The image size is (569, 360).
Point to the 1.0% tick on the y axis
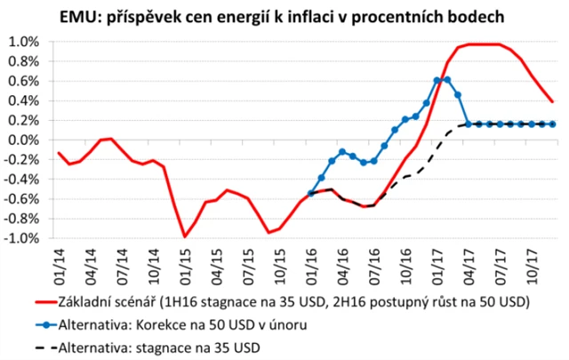tap(23, 42)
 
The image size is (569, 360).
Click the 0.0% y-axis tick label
tap(23, 140)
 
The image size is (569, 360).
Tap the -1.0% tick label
tap(21, 238)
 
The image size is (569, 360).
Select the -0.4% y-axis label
tap(21, 180)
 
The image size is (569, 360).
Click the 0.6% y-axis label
tap(23, 81)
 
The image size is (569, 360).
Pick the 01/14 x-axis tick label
tap(59, 261)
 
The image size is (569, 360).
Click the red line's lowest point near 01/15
tap(184, 236)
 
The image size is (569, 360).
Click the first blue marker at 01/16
tap(310, 193)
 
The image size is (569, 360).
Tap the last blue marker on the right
tap(553, 124)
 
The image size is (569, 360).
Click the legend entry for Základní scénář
tap(293, 302)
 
